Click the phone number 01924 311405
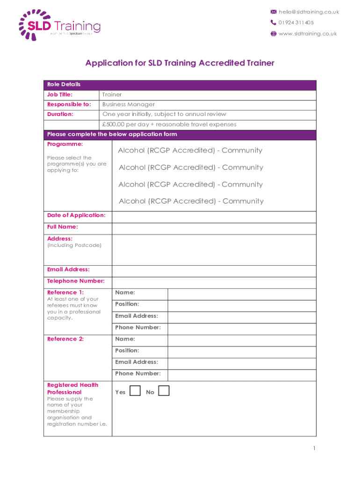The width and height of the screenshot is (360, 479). pyautogui.click(x=296, y=22)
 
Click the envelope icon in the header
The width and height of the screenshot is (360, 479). pyautogui.click(x=274, y=12)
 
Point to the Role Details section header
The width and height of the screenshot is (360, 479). pyautogui.click(x=64, y=85)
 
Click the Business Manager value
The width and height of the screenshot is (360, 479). pyautogui.click(x=129, y=105)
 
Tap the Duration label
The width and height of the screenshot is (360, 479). pyautogui.click(x=60, y=114)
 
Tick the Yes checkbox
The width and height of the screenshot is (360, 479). pyautogui.click(x=135, y=391)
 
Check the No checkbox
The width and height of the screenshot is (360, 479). pyautogui.click(x=164, y=391)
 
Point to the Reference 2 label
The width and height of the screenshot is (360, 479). pyautogui.click(x=65, y=339)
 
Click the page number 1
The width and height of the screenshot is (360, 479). pyautogui.click(x=315, y=449)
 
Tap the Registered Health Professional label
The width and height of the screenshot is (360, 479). pyautogui.click(x=73, y=389)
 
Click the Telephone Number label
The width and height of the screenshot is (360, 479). pyautogui.click(x=76, y=281)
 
